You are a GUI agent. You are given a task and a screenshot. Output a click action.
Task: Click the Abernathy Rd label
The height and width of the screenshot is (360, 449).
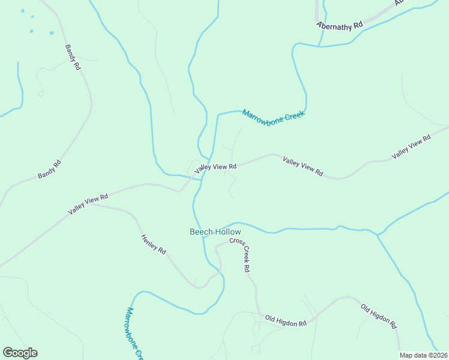tap(340, 26)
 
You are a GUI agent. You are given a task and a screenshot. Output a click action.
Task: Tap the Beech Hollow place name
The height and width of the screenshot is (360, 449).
tap(215, 232)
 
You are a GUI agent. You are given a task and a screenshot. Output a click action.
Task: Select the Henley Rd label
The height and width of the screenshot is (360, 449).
tap(153, 245)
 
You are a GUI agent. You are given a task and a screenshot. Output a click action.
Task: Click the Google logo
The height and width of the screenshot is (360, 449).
tap(20, 353)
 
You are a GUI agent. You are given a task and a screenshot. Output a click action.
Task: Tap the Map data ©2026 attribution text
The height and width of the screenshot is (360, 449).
tap(424, 355)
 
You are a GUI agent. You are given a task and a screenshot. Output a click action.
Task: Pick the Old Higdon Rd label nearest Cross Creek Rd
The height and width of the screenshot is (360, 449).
tap(286, 322)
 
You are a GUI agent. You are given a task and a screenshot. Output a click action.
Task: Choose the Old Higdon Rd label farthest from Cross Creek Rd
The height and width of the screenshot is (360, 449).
tap(379, 316)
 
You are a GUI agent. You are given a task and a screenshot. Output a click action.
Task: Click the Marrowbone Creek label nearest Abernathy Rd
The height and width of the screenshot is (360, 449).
tap(274, 113)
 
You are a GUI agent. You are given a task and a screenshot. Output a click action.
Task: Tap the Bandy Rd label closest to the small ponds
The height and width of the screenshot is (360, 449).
tap(73, 58)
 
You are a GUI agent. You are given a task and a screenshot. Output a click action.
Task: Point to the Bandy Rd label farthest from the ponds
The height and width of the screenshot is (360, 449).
tap(49, 169)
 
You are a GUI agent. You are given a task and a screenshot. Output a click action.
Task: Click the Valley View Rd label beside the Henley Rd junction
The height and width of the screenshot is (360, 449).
tap(88, 204)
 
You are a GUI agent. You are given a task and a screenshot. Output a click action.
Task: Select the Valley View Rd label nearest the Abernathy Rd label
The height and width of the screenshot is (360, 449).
tap(411, 147)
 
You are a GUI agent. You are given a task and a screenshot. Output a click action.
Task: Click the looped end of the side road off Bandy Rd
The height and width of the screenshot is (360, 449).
tap(41, 93)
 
